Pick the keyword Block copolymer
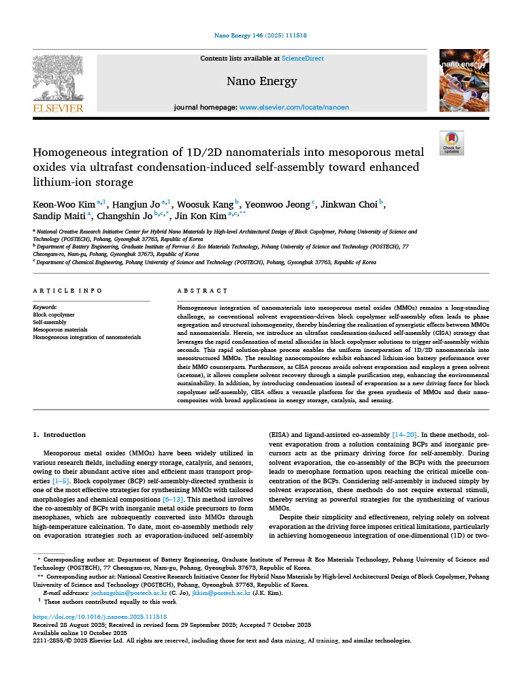[x=54, y=315]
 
